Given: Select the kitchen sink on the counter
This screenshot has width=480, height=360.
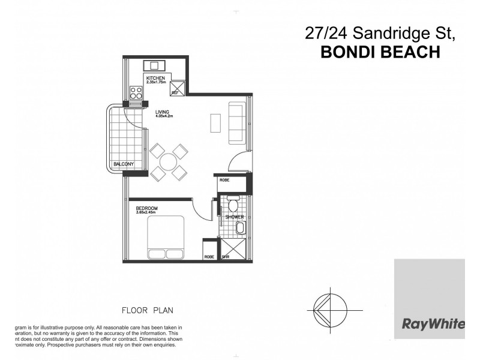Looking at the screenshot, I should click(x=154, y=65).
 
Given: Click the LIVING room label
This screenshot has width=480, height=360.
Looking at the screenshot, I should click(x=162, y=112).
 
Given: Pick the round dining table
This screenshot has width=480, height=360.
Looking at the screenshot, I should click(x=169, y=161).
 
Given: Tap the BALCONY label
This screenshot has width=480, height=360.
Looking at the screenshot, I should click(x=123, y=164).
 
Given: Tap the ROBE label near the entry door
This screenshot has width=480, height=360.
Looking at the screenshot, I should click(x=225, y=179).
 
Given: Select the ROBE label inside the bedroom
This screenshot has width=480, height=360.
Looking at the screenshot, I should click(x=209, y=257).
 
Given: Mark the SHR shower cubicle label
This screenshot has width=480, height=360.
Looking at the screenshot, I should click(x=226, y=257).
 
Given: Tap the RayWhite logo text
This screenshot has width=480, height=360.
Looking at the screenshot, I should click(x=433, y=325).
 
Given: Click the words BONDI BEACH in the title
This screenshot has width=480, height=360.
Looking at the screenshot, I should click(x=381, y=52).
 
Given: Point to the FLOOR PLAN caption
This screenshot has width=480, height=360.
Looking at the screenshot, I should click(x=148, y=311).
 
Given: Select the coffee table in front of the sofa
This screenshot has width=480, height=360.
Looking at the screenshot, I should click(x=215, y=122).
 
